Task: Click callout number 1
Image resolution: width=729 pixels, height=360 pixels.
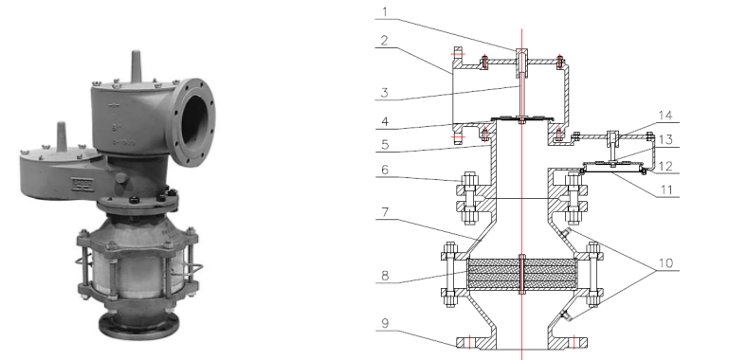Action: click(384, 11)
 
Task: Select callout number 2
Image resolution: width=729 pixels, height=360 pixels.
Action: click(384, 40)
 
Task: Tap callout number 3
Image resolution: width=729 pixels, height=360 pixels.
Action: click(384, 92)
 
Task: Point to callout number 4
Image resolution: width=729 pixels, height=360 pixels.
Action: click(384, 121)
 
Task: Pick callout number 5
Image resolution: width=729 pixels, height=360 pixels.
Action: click(384, 144)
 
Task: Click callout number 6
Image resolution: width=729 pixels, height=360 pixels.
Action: click(384, 170)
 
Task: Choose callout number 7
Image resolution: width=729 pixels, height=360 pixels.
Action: click(384, 212)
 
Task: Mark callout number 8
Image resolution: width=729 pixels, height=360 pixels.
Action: click(384, 276)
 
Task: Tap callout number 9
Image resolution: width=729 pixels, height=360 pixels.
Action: click(385, 323)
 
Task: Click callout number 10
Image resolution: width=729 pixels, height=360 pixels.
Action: click(665, 262)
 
